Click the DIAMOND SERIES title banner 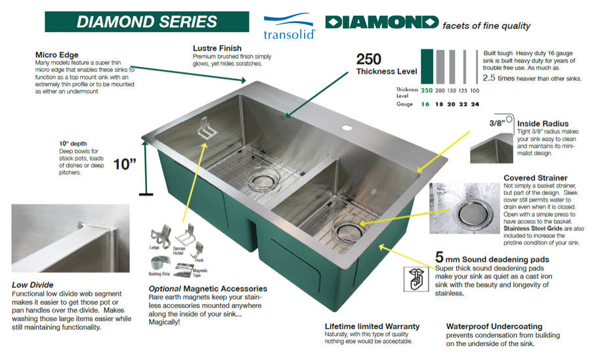point(146,21)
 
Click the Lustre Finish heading point(217,48)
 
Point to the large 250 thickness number point(369,59)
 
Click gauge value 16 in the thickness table point(427,104)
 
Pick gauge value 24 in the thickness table point(475,104)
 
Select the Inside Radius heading point(542,123)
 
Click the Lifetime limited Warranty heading point(372,326)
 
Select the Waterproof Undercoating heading point(494,326)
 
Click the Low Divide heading point(33,285)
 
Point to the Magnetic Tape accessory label point(200,271)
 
